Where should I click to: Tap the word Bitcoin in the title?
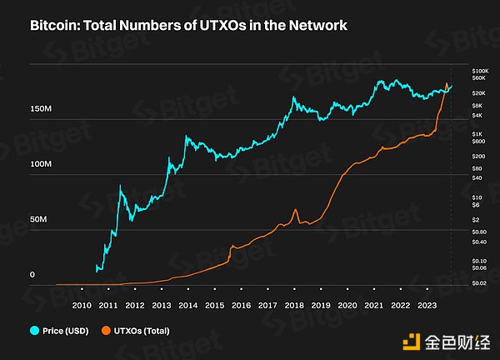(55, 26)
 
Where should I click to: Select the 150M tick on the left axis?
(42, 109)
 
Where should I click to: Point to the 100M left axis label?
(42, 164)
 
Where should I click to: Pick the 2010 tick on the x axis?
(81, 304)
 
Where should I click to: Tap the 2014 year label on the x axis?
(187, 304)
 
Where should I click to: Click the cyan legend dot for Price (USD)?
(35, 330)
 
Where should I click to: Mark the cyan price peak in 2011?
(121, 187)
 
